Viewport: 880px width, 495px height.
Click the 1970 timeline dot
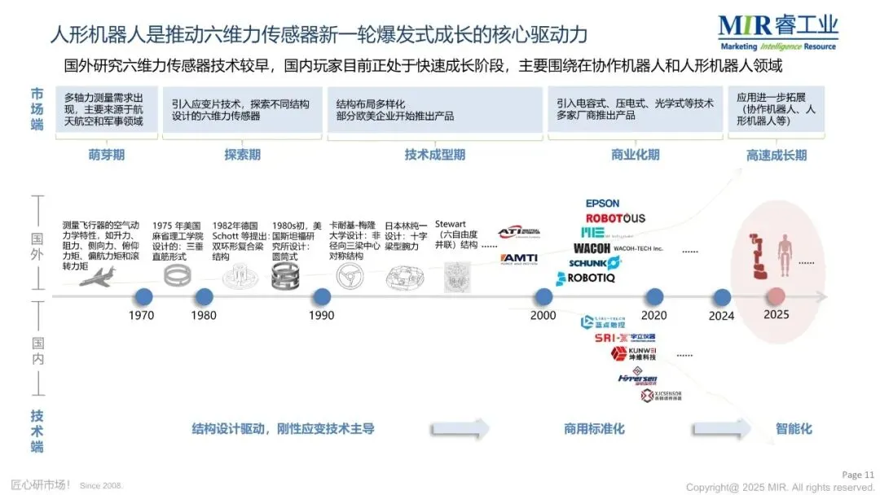145,296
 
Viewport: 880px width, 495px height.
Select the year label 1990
322,315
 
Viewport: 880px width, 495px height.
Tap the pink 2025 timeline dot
776,296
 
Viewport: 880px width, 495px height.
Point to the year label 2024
721,315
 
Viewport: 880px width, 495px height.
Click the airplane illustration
97,278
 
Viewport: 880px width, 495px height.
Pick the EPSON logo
602,204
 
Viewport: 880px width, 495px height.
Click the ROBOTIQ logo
586,278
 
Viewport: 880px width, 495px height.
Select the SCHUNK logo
594,263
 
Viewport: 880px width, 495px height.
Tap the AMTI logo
518,258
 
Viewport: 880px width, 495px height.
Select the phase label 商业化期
635,155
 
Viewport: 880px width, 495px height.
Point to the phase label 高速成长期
776,155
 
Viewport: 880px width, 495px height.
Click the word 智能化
794,428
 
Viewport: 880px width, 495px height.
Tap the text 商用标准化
594,428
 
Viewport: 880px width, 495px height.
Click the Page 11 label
857,475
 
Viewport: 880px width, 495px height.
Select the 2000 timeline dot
543,296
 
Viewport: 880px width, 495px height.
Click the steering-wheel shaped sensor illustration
350,277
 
